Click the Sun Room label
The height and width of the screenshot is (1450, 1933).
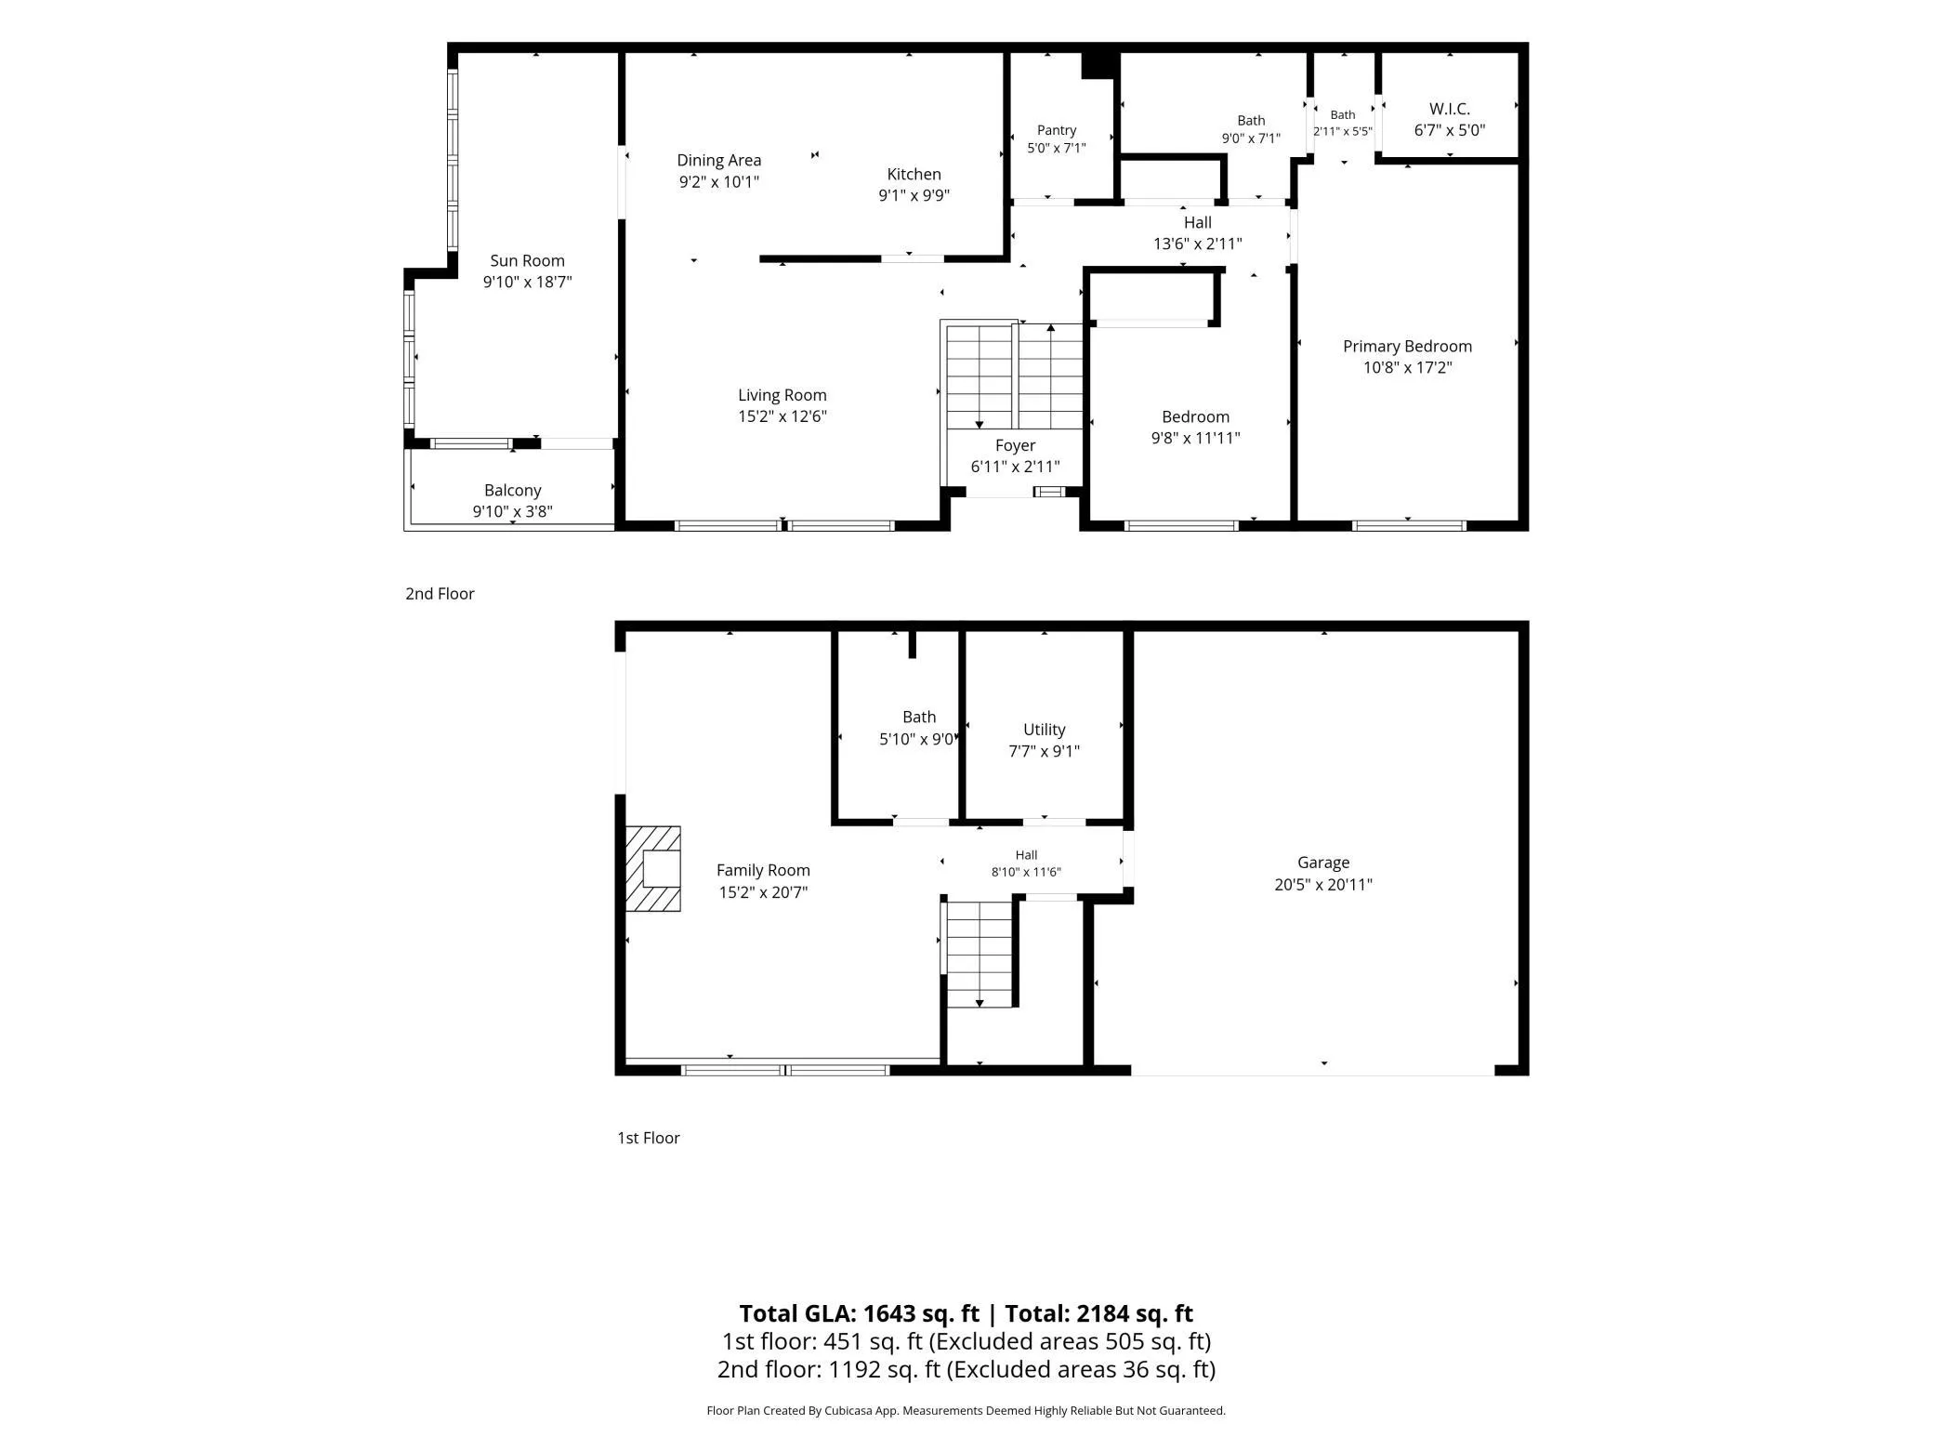527,261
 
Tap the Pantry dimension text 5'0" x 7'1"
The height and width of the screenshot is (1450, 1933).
1057,148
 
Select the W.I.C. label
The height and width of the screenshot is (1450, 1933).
1450,109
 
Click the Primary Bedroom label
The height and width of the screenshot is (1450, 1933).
1407,347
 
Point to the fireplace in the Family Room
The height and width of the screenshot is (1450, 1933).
652,869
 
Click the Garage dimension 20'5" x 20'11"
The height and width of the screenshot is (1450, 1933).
1323,885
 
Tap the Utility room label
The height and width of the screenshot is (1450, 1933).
1045,731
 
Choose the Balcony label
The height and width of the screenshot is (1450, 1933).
513,491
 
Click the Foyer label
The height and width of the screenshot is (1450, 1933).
1015,446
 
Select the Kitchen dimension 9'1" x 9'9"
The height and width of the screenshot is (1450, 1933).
914,195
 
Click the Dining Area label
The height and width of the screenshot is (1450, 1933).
719,161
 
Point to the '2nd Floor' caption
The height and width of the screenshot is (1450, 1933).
440,594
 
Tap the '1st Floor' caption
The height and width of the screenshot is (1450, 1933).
649,1138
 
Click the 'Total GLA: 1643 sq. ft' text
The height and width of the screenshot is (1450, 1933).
859,1313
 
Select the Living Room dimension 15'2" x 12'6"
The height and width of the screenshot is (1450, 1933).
782,416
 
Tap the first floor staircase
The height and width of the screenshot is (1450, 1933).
980,955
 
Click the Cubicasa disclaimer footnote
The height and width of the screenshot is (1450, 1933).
966,1411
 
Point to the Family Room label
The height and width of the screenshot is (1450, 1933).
763,871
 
